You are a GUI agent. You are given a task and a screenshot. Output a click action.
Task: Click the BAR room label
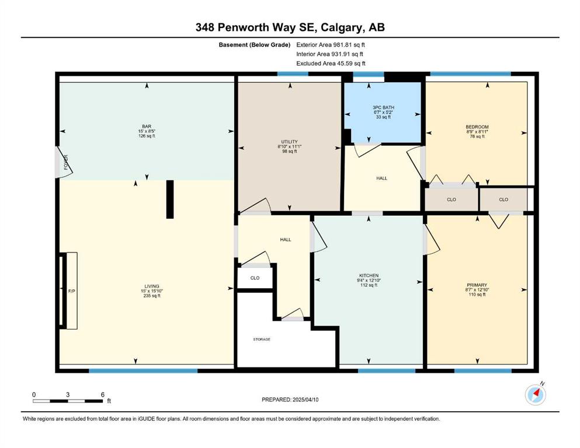(x=147, y=127)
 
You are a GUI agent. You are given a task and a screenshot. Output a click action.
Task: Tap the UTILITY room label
(x=289, y=141)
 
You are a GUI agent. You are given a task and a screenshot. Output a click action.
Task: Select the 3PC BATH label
(x=383, y=107)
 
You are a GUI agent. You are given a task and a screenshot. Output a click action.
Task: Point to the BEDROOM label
(x=477, y=127)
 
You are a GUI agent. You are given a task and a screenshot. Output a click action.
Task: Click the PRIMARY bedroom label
(x=477, y=285)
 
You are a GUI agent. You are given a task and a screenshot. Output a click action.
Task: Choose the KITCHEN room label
(x=369, y=275)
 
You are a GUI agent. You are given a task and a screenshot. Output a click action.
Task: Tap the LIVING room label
(x=152, y=286)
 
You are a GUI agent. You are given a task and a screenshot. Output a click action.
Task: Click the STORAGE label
(x=262, y=339)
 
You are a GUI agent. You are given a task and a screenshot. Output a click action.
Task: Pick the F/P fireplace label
(x=72, y=292)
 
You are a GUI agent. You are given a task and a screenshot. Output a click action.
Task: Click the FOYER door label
(x=66, y=162)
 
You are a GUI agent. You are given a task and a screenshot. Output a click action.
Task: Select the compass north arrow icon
(x=535, y=394)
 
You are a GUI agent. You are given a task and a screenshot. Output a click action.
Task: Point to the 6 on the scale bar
(x=103, y=394)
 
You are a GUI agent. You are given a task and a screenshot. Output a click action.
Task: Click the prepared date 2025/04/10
(x=305, y=400)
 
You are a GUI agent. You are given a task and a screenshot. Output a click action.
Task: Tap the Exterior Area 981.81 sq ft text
(x=331, y=45)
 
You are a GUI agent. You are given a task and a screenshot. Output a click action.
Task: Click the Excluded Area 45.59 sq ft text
(x=331, y=63)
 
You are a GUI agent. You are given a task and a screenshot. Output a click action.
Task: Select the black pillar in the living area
(x=170, y=199)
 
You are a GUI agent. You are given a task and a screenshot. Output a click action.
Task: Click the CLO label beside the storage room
(x=255, y=278)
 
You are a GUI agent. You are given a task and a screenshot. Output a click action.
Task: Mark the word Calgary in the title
(x=342, y=27)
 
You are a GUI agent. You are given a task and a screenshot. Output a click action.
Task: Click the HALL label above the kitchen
(x=382, y=178)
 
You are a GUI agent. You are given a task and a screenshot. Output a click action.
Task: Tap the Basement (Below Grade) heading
(x=255, y=45)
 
